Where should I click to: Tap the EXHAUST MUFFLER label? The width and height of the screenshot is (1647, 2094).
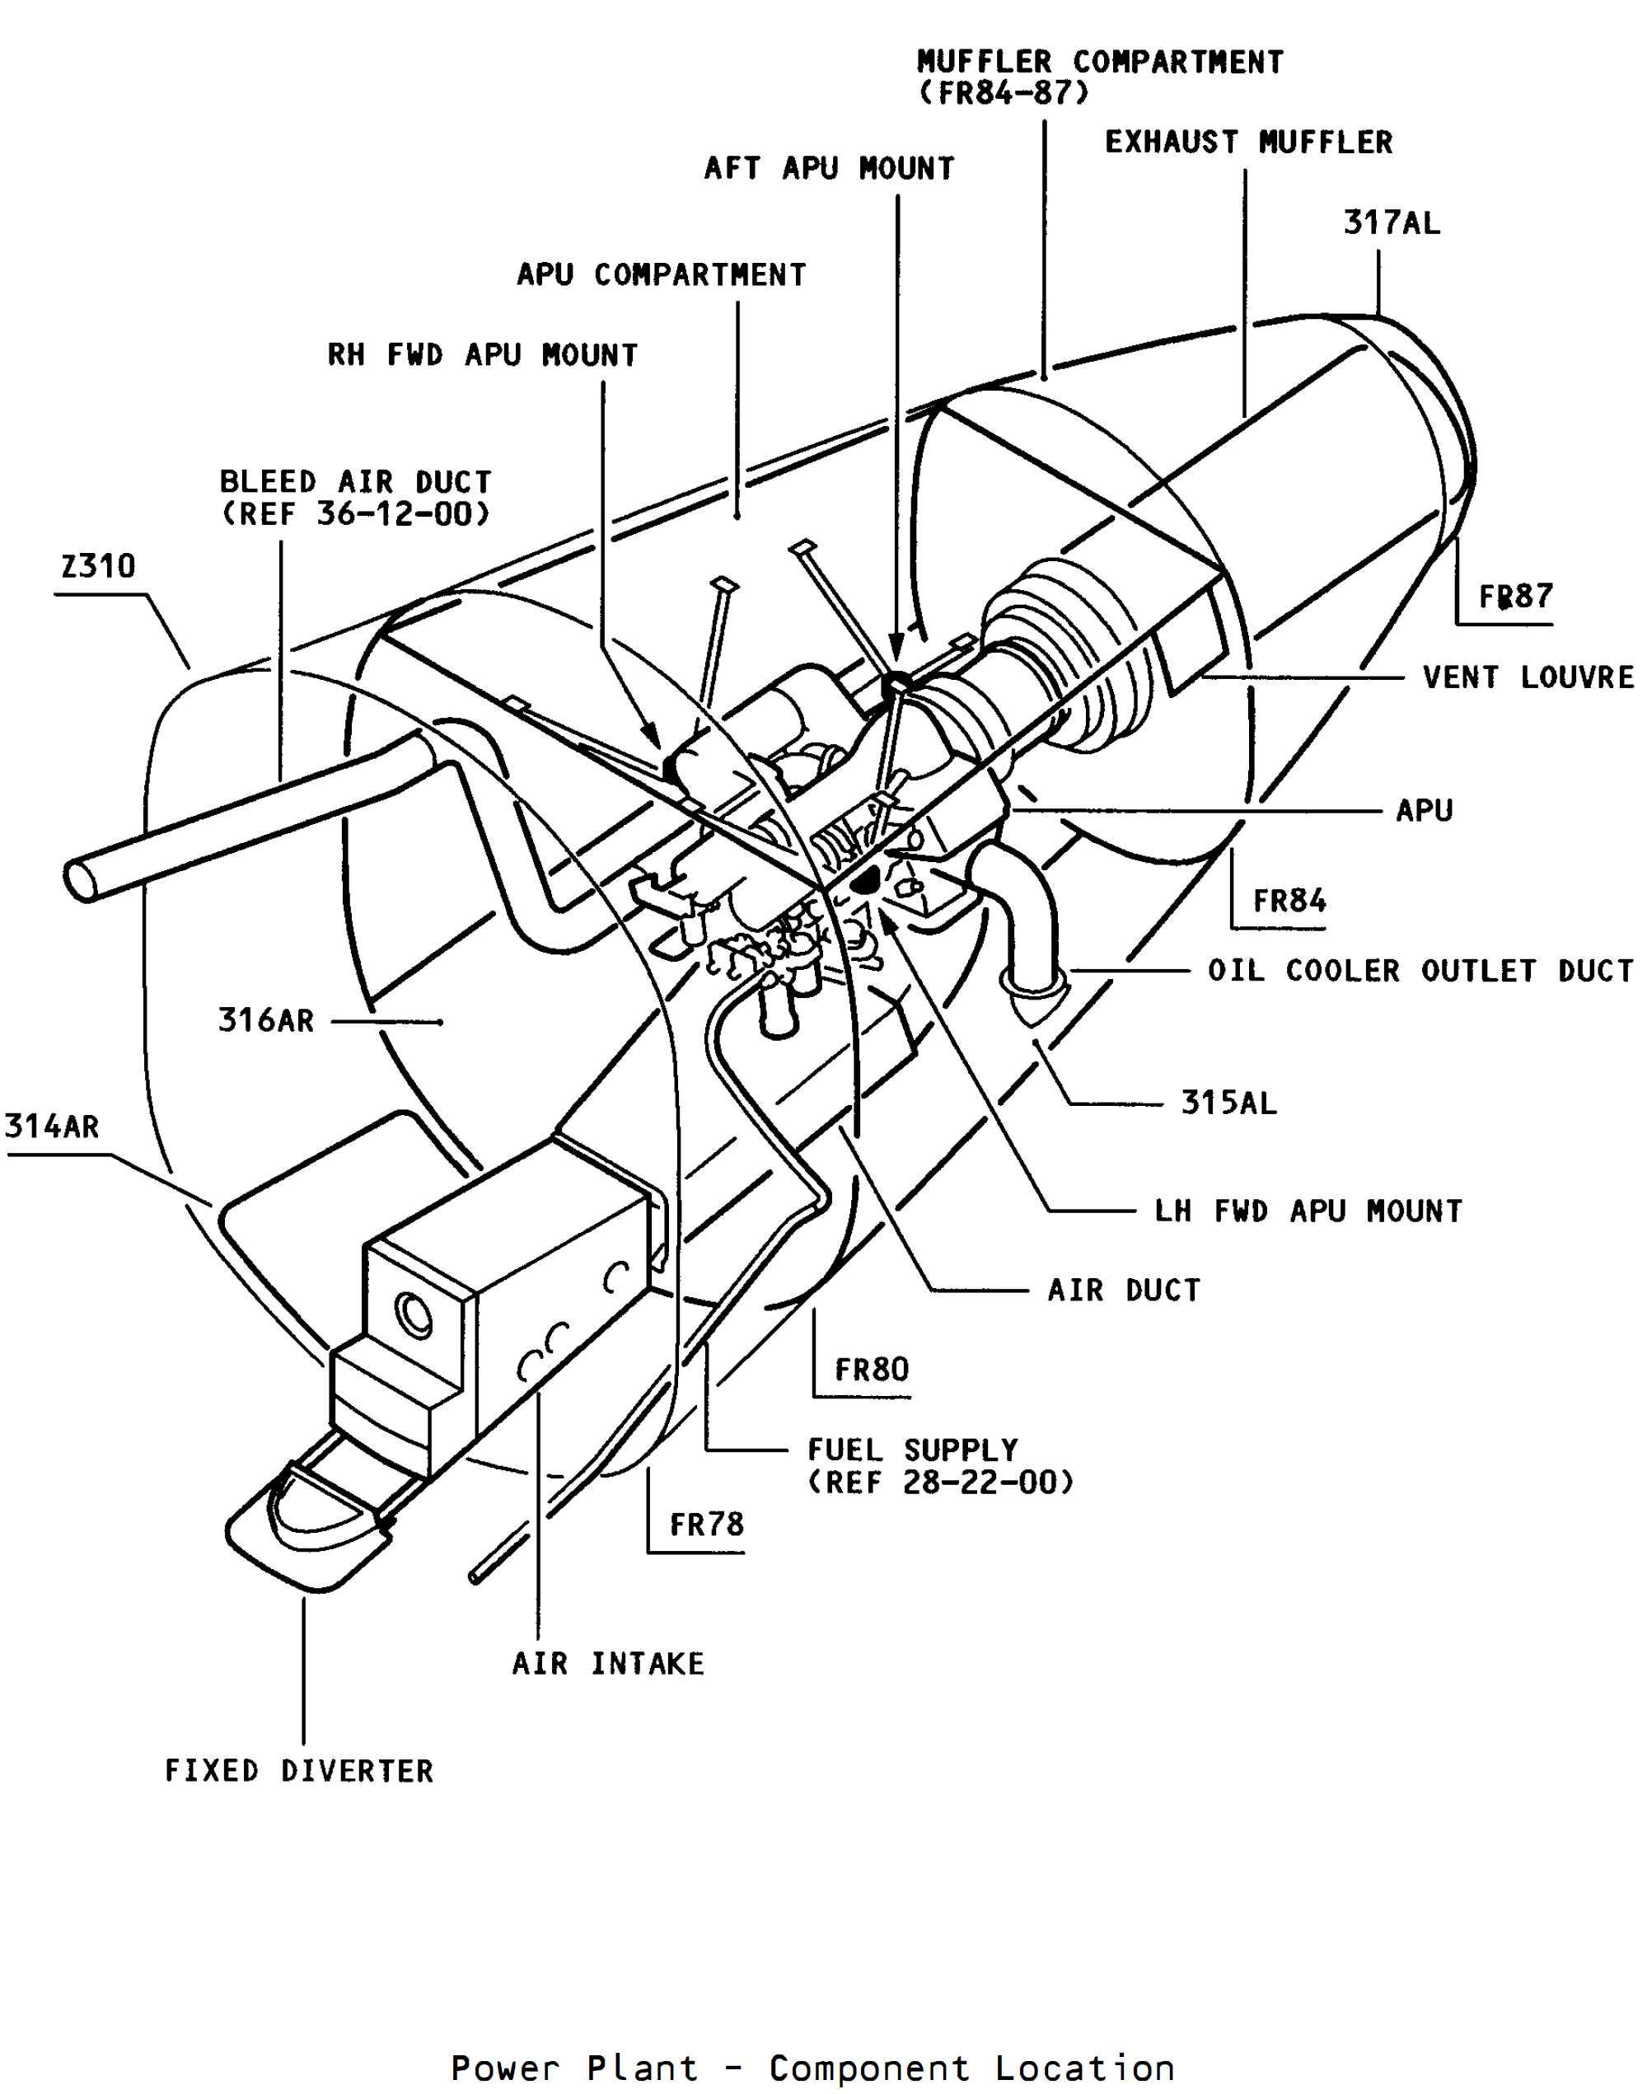[1249, 142]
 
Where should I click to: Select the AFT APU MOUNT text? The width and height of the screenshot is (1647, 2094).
[830, 168]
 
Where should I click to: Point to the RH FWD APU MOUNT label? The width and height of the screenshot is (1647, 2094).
[482, 355]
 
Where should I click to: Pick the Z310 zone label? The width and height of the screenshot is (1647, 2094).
[98, 565]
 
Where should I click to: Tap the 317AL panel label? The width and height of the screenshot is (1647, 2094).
[1392, 223]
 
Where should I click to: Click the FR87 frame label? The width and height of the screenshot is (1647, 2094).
[1516, 596]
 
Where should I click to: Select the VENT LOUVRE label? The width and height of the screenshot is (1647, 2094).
[1528, 677]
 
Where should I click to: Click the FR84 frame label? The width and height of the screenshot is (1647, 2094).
[1289, 901]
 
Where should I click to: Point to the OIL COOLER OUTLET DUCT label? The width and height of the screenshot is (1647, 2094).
[1420, 970]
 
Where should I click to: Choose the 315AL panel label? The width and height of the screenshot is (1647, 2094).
[1229, 1102]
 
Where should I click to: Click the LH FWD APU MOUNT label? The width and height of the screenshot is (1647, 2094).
[1308, 1211]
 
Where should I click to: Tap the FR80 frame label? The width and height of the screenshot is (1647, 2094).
[872, 1370]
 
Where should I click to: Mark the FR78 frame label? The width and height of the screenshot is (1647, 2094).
[707, 1524]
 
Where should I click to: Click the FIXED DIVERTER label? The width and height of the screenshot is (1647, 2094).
[299, 1771]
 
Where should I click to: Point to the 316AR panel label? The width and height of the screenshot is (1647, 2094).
[266, 1019]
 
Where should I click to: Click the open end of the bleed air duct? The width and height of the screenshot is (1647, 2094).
[80, 879]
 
